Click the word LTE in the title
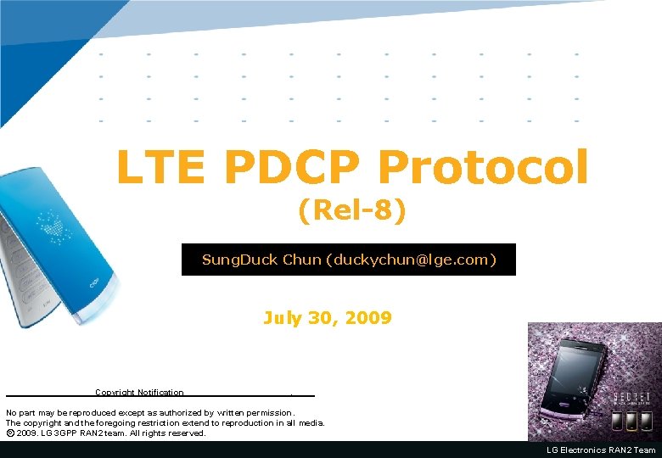point(160,167)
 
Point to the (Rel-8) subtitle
point(351,209)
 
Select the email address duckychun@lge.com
point(411,260)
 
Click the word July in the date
point(283,319)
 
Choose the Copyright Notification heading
point(139,393)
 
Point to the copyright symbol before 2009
point(9,433)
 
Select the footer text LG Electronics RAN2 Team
point(601,450)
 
